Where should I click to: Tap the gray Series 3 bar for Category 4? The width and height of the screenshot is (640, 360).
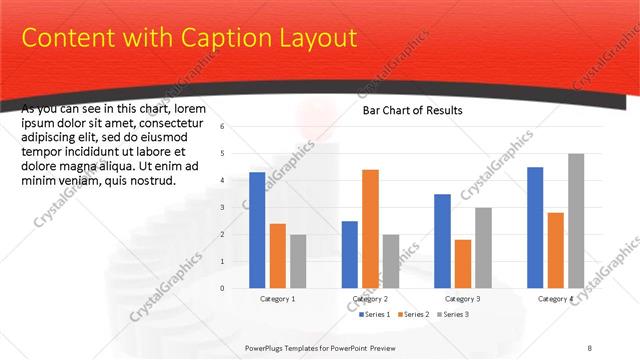point(576,221)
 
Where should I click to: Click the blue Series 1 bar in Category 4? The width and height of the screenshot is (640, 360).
point(535,228)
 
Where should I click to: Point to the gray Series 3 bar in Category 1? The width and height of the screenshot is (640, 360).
point(298,261)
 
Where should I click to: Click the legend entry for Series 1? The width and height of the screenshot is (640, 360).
point(377,315)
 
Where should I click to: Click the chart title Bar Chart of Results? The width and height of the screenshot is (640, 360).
point(412,110)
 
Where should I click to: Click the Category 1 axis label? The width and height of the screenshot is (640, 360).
point(277,299)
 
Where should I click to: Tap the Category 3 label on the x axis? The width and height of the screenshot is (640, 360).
point(463,299)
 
